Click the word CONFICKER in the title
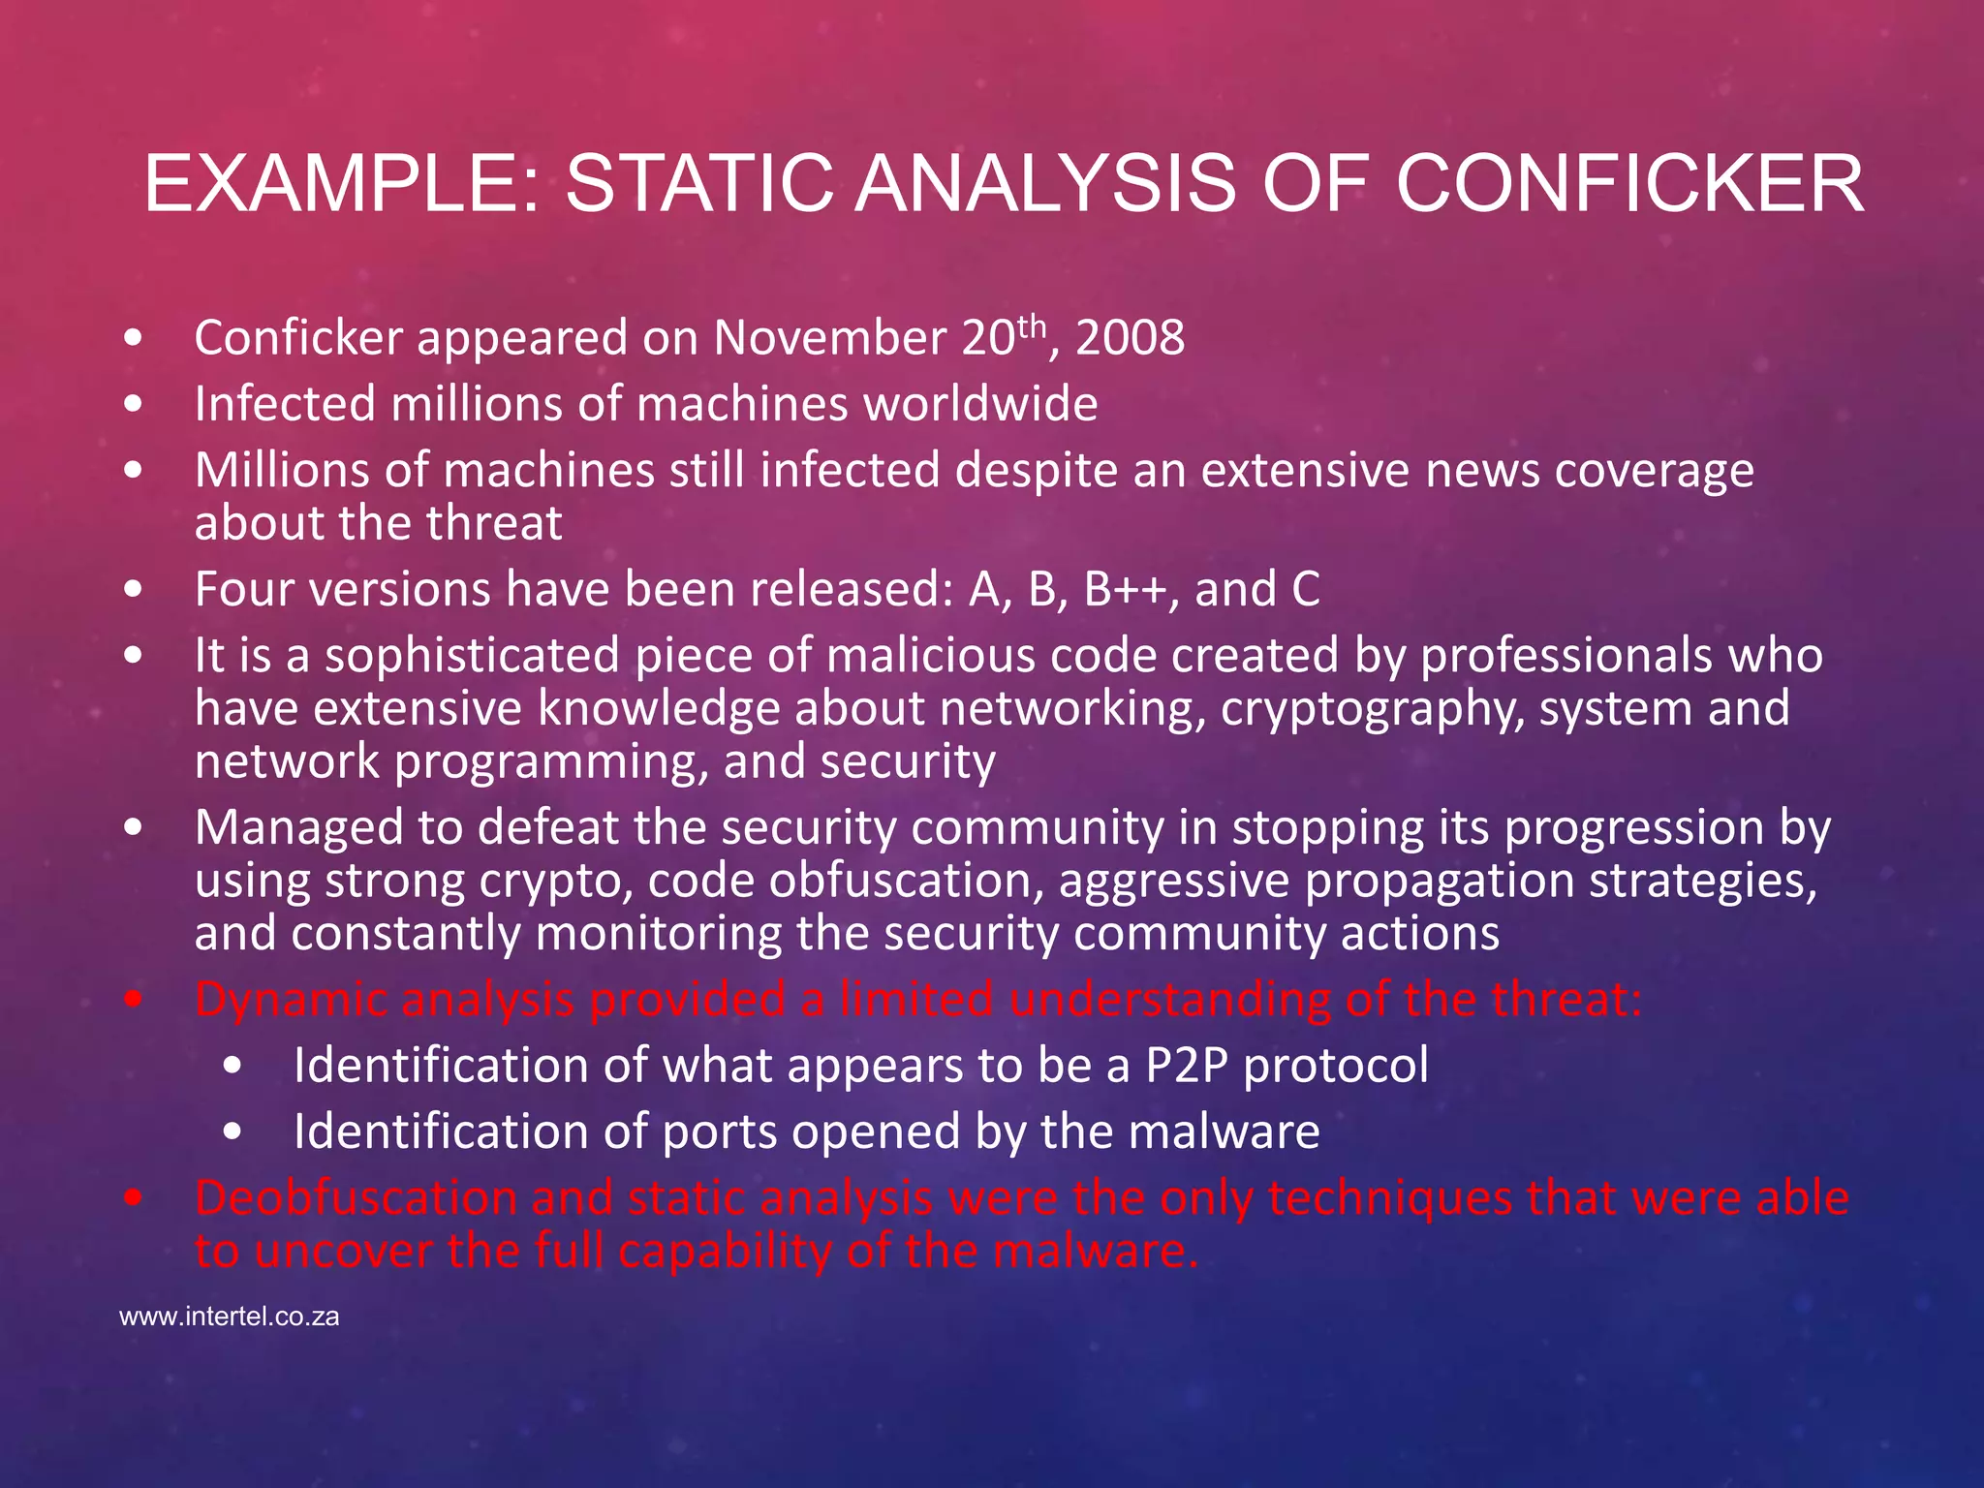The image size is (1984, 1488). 1629,184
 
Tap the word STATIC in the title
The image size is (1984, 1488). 698,184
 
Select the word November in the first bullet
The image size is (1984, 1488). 830,339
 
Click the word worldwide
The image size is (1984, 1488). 980,404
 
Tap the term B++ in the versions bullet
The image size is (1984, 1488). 1126,589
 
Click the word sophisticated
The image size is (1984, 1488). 472,656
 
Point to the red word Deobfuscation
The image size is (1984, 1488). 356,1198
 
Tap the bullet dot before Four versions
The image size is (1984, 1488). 134,590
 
